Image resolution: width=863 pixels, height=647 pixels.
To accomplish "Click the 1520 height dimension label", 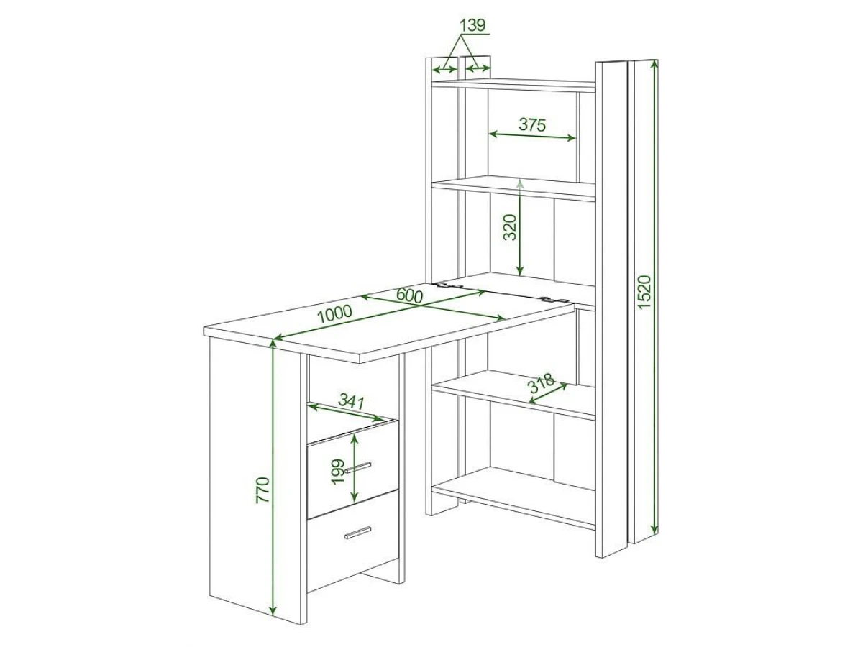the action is coord(644,292).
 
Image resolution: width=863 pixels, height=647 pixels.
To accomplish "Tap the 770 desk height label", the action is coord(262,490).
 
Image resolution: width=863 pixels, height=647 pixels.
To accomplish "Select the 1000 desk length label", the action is coord(334,313).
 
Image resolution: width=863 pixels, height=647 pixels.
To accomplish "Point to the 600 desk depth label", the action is coord(409,295).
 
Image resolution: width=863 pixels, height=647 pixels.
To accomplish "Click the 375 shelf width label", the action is coord(532,124).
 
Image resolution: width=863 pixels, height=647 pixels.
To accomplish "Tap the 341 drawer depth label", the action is coord(352,401).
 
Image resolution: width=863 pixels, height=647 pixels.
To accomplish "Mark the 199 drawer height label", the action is coord(338,472).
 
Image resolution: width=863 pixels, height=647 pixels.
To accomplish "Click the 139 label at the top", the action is coord(472,25).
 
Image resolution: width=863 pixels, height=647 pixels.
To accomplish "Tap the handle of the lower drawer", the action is coord(357,533).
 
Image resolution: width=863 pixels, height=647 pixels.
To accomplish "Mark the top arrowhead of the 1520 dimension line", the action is coord(654,65).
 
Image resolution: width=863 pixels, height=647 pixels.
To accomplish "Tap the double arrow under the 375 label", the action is coord(533,136).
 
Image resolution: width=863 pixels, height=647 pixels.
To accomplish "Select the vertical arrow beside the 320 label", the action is coord(520,228).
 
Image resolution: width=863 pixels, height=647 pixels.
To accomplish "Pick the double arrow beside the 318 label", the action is coord(548,393).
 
